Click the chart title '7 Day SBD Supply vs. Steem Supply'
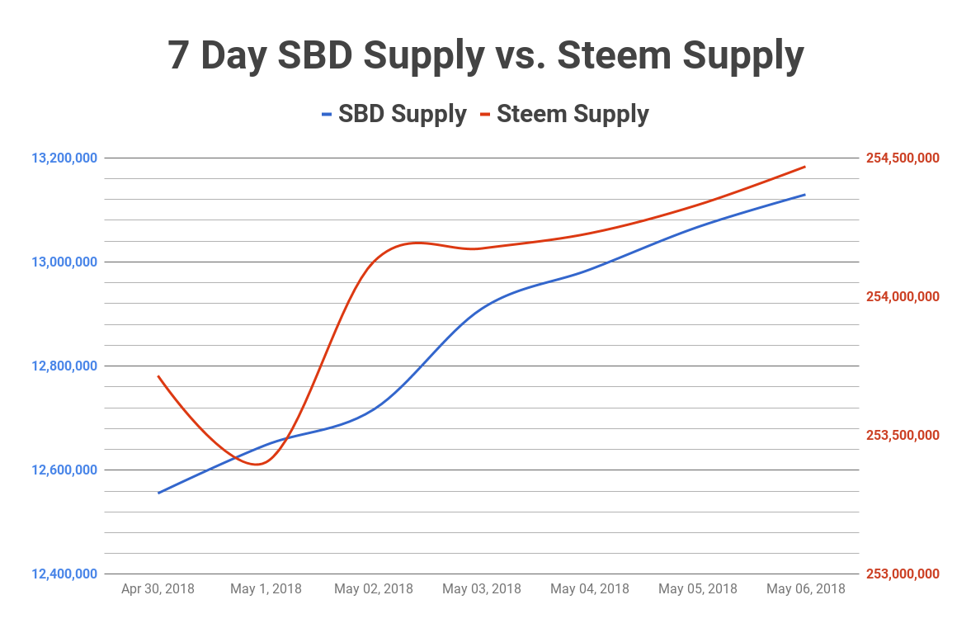coord(485,56)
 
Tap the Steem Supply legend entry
coord(573,114)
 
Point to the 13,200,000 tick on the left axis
coord(64,158)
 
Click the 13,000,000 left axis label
coord(64,262)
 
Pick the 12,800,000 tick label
coord(64,366)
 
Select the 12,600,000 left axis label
coord(64,470)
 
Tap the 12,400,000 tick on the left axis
coord(64,574)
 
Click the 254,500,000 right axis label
coord(903,158)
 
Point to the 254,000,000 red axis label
coord(903,296)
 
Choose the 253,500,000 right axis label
coord(903,435)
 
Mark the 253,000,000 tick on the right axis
coord(903,574)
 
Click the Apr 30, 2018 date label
coord(158,589)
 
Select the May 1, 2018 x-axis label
coord(266,589)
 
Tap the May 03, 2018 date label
coord(482,589)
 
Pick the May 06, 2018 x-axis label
coord(805,589)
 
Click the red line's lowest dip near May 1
coord(258,465)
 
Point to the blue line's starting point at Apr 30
coord(158,493)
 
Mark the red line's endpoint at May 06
coord(804,167)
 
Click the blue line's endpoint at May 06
coord(804,195)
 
